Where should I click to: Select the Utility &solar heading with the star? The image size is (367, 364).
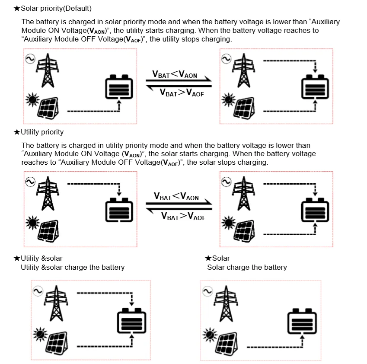38,259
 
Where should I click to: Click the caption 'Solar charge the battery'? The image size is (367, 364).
247,268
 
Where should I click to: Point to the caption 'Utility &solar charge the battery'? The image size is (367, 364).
73,268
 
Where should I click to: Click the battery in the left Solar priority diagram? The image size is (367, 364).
119,87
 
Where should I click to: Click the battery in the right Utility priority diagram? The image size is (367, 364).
315,210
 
